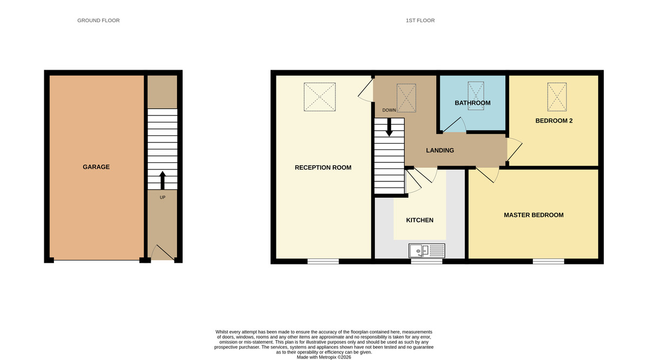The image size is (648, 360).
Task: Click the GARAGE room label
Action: [96, 167]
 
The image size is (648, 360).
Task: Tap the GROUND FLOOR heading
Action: [98, 21]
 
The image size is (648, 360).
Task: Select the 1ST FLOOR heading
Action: [420, 21]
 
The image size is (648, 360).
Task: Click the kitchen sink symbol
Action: [427, 250]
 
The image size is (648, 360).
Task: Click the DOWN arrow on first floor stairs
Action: [389, 127]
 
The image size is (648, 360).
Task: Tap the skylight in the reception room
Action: [319, 97]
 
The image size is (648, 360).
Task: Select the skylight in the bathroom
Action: [476, 96]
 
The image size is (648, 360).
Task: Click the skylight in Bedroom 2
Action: [557, 96]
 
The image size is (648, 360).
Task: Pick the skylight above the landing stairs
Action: [406, 98]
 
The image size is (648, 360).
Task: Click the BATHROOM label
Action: [473, 103]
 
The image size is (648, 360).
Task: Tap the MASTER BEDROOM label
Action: [534, 215]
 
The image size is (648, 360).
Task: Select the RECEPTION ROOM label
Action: [323, 167]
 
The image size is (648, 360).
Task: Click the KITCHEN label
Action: [420, 220]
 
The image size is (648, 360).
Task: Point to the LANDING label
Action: [440, 151]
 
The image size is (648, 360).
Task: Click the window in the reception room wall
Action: [323, 261]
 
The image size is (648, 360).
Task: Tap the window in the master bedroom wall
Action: [548, 261]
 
